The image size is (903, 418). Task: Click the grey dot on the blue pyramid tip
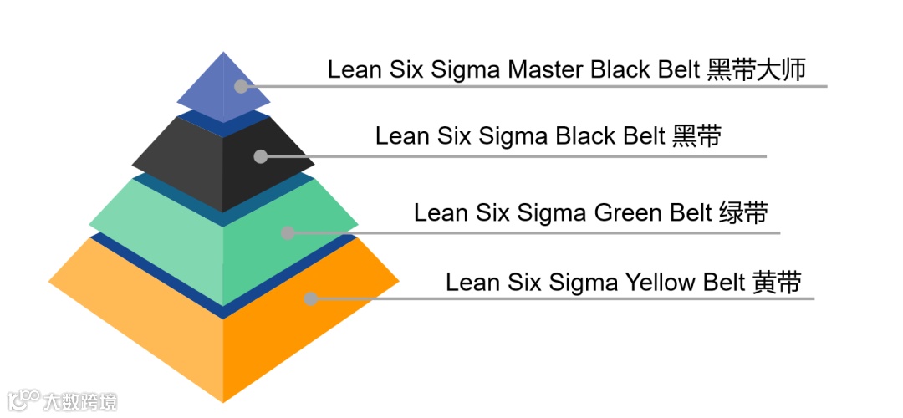coord(242,86)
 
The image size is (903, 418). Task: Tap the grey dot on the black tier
coord(261,156)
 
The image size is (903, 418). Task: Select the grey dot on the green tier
coord(288,233)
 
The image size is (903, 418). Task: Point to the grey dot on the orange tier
coord(311,298)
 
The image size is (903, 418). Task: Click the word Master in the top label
coord(547,69)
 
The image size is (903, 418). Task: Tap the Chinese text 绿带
coord(742,213)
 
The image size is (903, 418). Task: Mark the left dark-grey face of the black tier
coord(184,163)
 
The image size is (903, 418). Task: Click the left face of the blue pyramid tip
coord(205,92)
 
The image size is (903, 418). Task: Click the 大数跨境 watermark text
coord(81,401)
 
